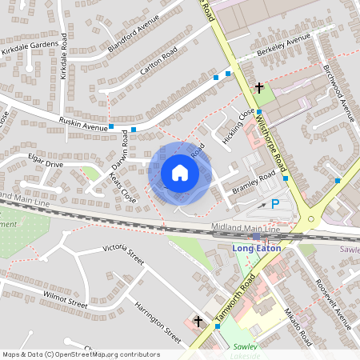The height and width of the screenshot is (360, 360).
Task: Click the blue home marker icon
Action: tap(180, 173)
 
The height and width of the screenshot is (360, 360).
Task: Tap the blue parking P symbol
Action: tap(275, 205)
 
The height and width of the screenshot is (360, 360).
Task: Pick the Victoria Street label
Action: tap(123, 254)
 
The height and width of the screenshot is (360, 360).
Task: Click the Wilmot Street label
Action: tap(66, 299)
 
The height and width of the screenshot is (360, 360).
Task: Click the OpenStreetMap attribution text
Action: tap(81, 354)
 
